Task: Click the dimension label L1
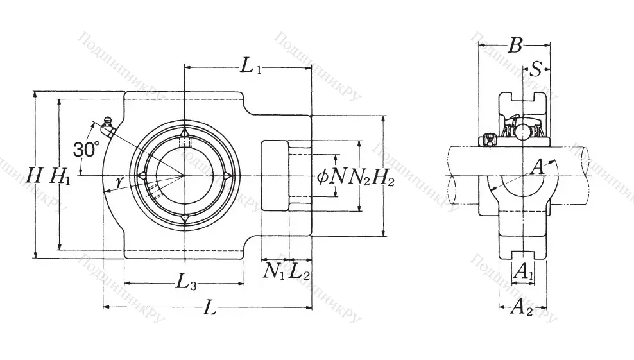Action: tap(251, 65)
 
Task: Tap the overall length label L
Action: tap(209, 308)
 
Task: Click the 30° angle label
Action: tap(86, 150)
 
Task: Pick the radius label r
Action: tap(119, 182)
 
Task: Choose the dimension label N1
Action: tap(274, 271)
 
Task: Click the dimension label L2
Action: tap(300, 271)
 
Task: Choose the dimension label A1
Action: tap(524, 271)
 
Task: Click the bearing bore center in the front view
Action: tap(185, 176)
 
